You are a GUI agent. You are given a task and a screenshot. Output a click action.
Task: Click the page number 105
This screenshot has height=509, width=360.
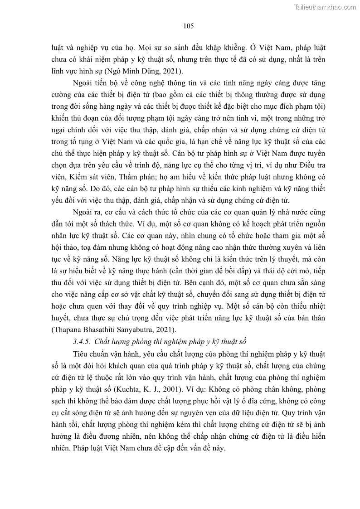[189, 26]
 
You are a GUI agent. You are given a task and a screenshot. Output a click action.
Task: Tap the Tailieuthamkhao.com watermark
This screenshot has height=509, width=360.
[325, 7]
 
